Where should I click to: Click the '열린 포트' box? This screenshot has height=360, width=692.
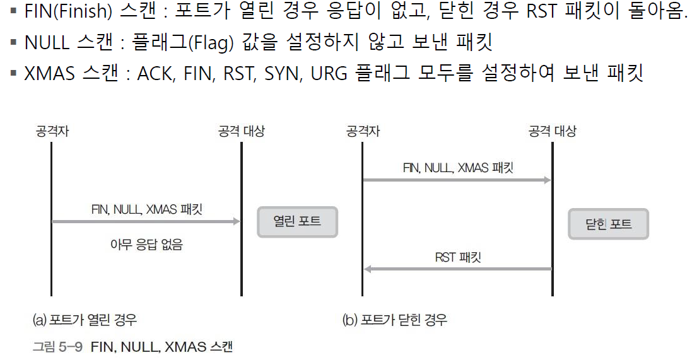click(297, 222)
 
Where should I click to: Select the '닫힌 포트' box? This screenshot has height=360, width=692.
click(608, 223)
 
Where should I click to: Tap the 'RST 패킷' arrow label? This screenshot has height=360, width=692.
click(459, 257)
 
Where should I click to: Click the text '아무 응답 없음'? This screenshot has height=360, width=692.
click(146, 245)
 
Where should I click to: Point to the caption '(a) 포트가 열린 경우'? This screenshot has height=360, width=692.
click(85, 320)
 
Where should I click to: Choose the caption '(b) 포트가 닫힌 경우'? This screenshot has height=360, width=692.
click(395, 320)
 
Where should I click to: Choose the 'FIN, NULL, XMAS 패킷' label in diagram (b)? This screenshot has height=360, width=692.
click(458, 168)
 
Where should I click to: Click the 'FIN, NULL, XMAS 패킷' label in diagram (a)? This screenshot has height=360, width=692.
click(146, 210)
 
